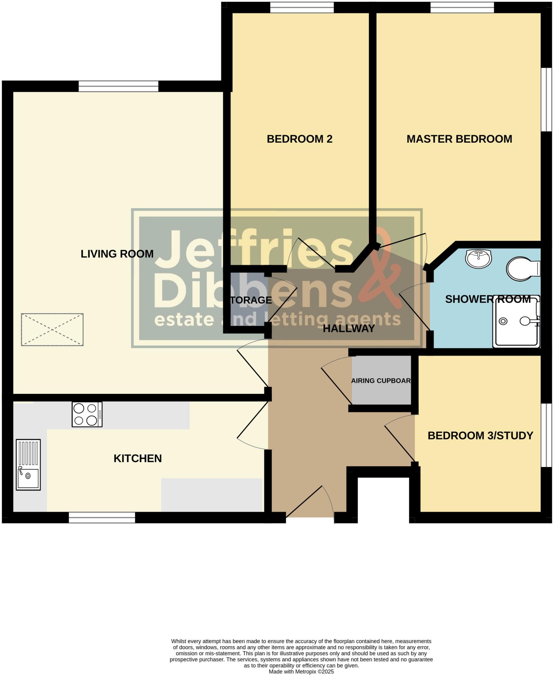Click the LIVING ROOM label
pyautogui.click(x=117, y=254)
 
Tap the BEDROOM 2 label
pyautogui.click(x=299, y=139)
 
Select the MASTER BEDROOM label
pyautogui.click(x=459, y=139)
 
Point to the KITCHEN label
pyautogui.click(x=137, y=458)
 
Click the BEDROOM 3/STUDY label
pyautogui.click(x=480, y=436)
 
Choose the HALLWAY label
pyautogui.click(x=349, y=329)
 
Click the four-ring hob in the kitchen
pyautogui.click(x=87, y=414)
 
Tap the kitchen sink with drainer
pyautogui.click(x=28, y=464)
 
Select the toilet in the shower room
pyautogui.click(x=522, y=269)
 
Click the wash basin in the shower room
pyautogui.click(x=478, y=258)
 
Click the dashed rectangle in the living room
pyautogui.click(x=52, y=330)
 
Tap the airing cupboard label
pyautogui.click(x=381, y=381)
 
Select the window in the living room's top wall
pyautogui.click(x=118, y=86)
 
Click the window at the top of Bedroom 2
pyautogui.click(x=302, y=7)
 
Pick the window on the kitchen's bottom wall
pyautogui.click(x=102, y=517)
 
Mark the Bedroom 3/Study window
pyautogui.click(x=546, y=435)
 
